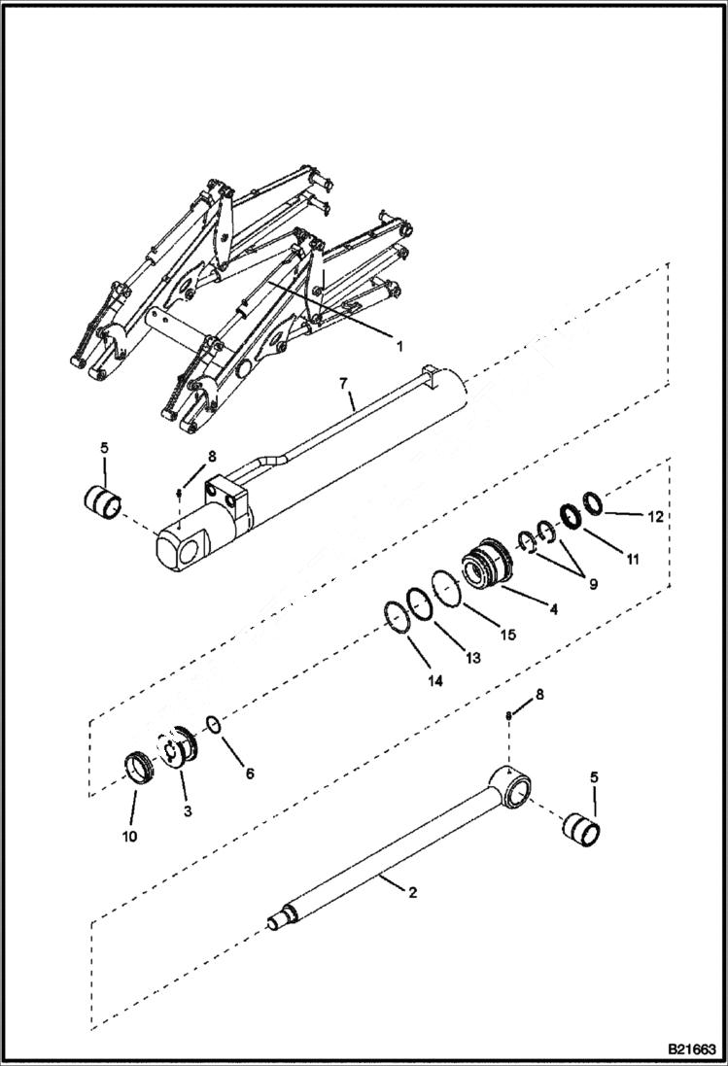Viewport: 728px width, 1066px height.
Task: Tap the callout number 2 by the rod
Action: (412, 892)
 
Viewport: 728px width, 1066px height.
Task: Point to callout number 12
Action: (655, 517)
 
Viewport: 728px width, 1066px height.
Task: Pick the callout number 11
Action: (633, 559)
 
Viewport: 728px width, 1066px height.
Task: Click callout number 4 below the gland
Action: (551, 609)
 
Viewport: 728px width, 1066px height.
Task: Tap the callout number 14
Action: (434, 681)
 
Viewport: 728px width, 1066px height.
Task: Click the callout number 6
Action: (249, 774)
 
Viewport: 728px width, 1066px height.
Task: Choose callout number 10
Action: (129, 835)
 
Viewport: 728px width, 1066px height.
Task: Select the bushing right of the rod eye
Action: (581, 829)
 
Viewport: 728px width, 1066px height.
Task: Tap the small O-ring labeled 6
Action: (215, 726)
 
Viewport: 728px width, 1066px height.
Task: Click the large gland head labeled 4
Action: (484, 567)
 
